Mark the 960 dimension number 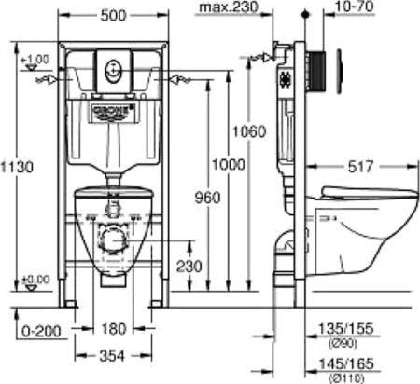[207, 199]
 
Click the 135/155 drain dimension [343, 328]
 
